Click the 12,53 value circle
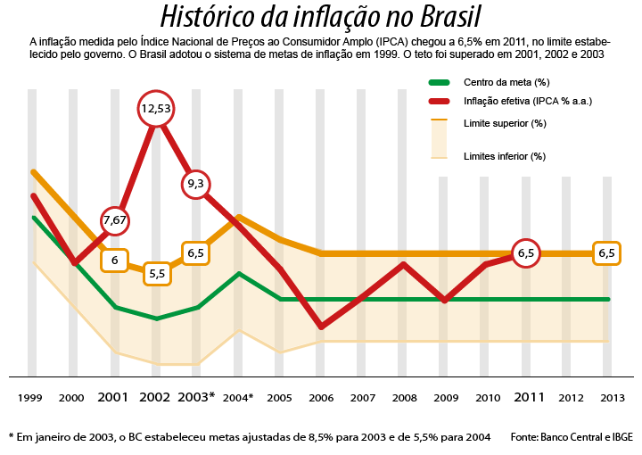coord(156,109)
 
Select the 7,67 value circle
coord(116,219)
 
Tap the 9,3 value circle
coord(196,184)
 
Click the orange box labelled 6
coord(115,261)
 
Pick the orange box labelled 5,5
coord(157,273)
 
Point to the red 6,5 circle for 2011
coord(526,253)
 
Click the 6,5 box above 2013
coord(607,253)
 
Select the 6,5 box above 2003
coord(196,253)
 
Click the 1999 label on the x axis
coord(30,397)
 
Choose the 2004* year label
coord(238,397)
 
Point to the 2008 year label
coord(404,397)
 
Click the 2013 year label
coord(609,397)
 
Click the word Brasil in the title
coord(438,17)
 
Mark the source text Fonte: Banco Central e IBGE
coord(572,437)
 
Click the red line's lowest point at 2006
coord(321,327)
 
